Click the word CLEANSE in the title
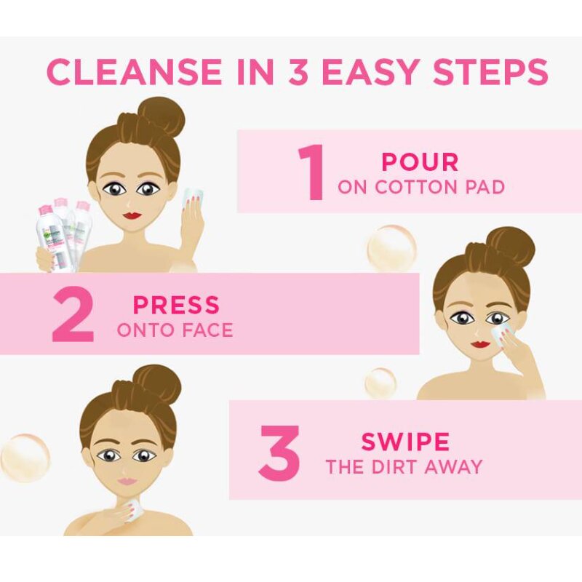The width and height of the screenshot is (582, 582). [x=134, y=71]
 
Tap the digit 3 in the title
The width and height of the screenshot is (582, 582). [x=298, y=71]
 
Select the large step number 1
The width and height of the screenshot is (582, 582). [x=312, y=172]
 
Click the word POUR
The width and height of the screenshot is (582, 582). [x=420, y=162]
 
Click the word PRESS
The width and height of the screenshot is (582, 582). [x=176, y=305]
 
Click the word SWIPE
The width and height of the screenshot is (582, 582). [x=405, y=442]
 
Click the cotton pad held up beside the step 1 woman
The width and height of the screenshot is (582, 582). [x=193, y=198]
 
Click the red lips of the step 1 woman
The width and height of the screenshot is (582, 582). [x=132, y=215]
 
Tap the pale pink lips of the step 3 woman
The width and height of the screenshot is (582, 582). [x=127, y=481]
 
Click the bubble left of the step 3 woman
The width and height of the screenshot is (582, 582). [x=25, y=458]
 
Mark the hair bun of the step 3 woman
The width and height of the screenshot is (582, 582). [x=157, y=383]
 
